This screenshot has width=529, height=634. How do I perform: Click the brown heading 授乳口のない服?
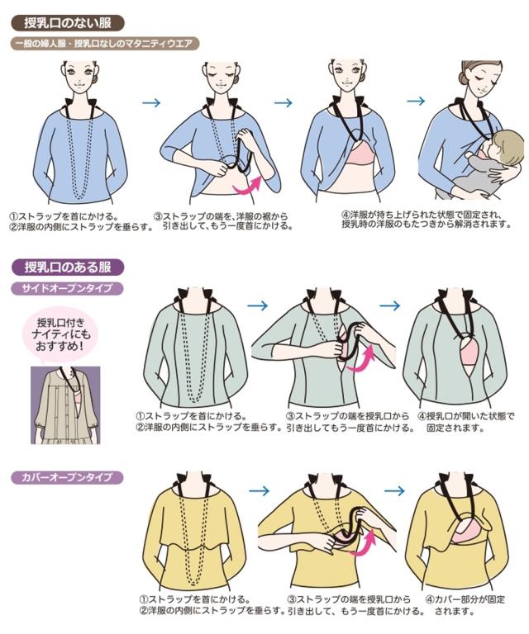pos(68,23)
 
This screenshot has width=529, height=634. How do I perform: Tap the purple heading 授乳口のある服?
pos(68,267)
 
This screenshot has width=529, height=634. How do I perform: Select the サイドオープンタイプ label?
pos(66,288)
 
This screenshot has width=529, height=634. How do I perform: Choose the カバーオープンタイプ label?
pos(67,477)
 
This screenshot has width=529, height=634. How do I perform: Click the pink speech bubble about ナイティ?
pos(60,334)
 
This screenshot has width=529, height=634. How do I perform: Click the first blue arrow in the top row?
pos(151,102)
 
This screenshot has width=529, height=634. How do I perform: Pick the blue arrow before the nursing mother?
pos(416,101)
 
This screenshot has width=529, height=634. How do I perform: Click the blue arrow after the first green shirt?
pos(258,305)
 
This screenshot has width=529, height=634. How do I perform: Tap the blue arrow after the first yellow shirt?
pos(259,491)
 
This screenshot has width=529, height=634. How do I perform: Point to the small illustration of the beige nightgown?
pos(65,405)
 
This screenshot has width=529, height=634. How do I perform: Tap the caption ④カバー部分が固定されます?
pos(465,605)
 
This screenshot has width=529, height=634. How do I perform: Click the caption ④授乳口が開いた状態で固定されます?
pos(465,422)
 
